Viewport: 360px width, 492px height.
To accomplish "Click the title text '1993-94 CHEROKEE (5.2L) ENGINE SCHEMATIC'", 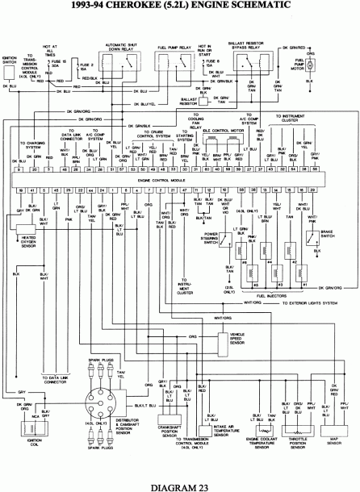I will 179,7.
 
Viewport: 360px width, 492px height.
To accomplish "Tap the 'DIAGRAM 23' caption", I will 179,485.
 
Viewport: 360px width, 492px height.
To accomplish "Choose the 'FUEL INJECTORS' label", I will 270,295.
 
